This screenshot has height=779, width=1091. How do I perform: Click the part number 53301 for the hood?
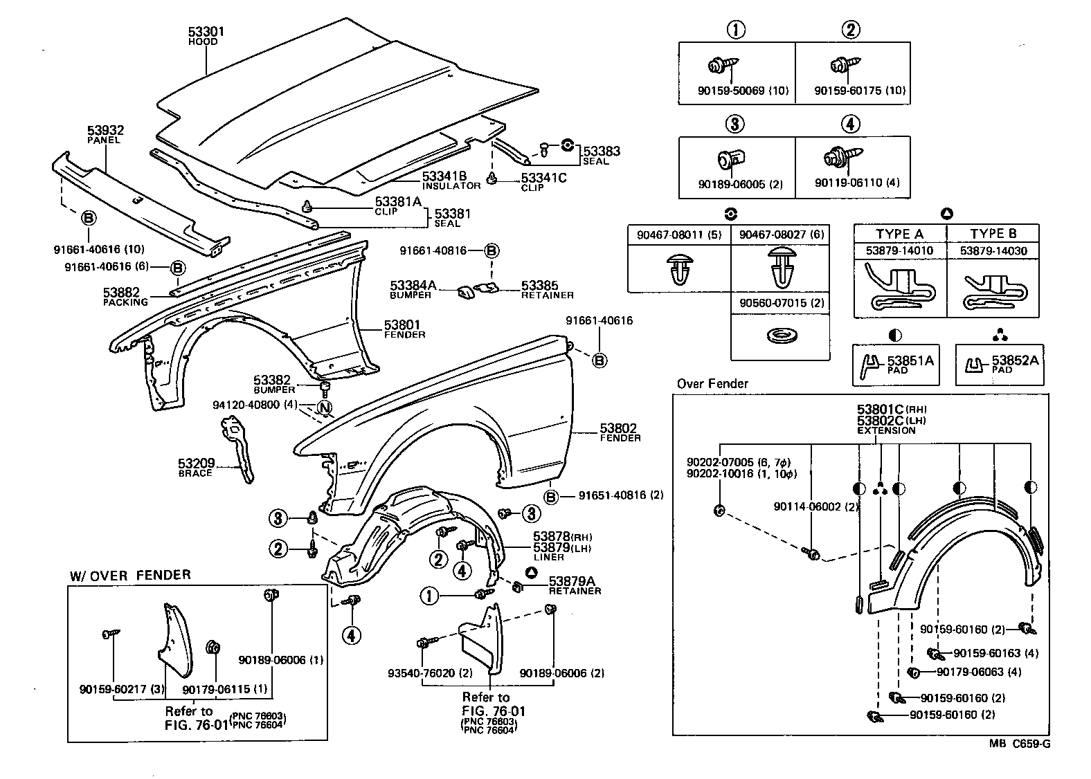[206, 32]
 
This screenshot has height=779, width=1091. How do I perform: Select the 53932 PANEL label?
[105, 134]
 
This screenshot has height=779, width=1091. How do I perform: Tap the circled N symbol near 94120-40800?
[325, 407]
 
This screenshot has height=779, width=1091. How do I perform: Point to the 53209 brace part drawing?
[237, 448]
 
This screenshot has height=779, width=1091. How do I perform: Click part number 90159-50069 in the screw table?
[730, 91]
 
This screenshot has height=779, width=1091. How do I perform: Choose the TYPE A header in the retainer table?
[899, 235]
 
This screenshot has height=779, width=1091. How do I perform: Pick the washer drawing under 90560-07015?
[781, 336]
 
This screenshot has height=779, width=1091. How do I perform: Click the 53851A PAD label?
[910, 364]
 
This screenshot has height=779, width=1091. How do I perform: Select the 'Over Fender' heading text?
[712, 384]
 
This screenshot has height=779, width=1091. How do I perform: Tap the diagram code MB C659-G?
[1020, 744]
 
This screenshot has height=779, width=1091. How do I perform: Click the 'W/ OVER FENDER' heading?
[130, 576]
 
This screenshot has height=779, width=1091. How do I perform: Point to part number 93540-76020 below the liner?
[422, 673]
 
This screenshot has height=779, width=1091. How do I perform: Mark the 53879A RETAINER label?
[575, 585]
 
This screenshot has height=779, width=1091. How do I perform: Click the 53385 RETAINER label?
[547, 290]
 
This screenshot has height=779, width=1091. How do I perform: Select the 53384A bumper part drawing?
[466, 292]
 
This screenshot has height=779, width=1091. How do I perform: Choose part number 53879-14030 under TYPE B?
[993, 251]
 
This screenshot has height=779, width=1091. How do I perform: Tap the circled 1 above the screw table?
[736, 30]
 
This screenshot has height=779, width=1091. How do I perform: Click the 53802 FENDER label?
[620, 432]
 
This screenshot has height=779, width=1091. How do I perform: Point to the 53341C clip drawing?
[492, 178]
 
